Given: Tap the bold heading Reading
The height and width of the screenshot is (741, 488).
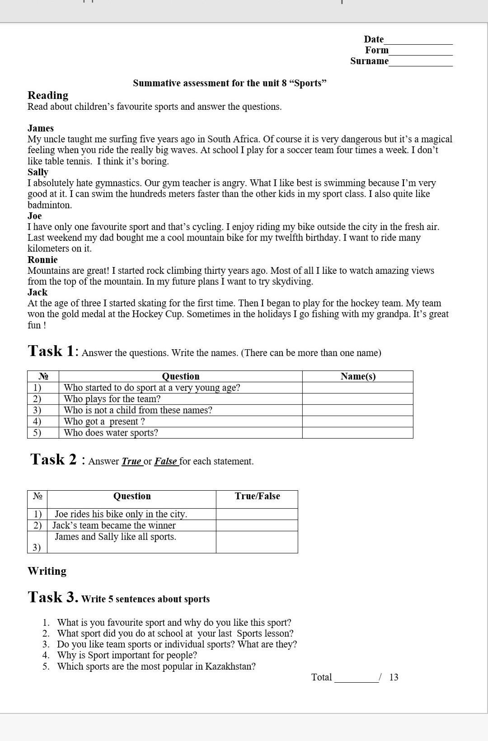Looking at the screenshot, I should pos(48,95).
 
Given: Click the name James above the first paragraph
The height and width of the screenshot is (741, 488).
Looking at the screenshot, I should pos(41,128).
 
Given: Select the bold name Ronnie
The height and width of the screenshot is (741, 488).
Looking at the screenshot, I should pos(42,260).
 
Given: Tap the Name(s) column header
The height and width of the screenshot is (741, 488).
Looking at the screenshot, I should pos(358,376).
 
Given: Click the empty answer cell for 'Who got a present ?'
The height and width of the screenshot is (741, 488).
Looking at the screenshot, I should pos(358,422).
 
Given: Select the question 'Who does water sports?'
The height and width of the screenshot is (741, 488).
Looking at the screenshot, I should pos(111,433).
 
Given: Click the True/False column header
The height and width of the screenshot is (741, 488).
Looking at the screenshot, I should pos(257,496).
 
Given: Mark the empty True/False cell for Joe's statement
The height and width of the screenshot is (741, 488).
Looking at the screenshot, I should pos(257,514).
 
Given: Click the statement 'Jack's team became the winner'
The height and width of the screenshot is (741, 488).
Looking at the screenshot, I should pos(114,525).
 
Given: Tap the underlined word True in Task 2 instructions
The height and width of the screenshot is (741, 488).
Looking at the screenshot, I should pos(131,461).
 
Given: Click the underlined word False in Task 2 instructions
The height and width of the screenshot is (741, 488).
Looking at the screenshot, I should pos(165,461).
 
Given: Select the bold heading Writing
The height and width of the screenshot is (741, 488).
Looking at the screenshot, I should pos(47,571).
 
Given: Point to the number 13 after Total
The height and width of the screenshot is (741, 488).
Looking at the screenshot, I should pos(394,677).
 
